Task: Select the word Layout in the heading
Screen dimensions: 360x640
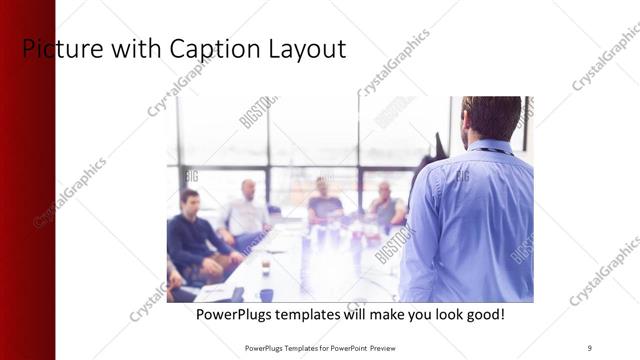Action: tap(303, 48)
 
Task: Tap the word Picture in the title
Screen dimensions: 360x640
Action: tap(56, 48)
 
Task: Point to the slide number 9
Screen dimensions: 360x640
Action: tap(590, 347)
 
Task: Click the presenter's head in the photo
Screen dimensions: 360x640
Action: tap(492, 118)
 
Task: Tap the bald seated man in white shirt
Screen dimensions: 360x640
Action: tap(246, 210)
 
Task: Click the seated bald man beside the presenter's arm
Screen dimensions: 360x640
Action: tap(385, 205)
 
